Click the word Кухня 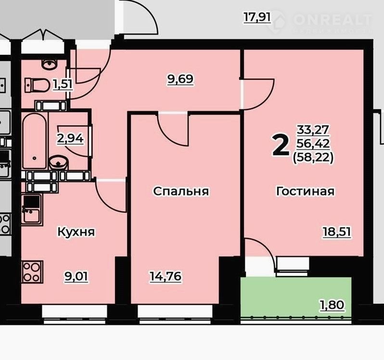[x=76, y=231]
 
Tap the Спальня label [x=181, y=191]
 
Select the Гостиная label [x=305, y=191]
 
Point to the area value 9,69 [x=180, y=79]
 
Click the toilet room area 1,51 [x=63, y=85]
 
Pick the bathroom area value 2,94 [x=70, y=139]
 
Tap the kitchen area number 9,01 [x=76, y=277]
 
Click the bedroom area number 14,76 [x=166, y=276]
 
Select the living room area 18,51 [x=337, y=232]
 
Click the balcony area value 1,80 [x=332, y=305]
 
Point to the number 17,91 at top [x=257, y=18]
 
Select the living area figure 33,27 [x=313, y=130]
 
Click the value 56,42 [x=313, y=143]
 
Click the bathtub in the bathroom [x=35, y=141]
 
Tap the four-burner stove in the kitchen [x=32, y=272]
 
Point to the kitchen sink [x=32, y=209]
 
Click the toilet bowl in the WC [x=37, y=85]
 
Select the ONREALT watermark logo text [x=333, y=20]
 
